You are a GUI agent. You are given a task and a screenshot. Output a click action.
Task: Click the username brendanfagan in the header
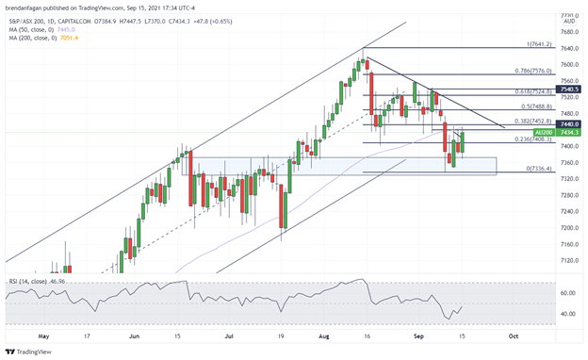(27, 7)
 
